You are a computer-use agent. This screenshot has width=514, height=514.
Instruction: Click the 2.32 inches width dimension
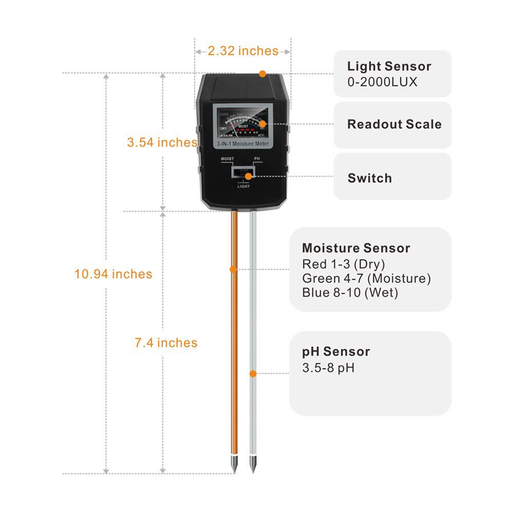coord(242,51)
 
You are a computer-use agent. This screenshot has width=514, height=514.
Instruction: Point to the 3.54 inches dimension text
coord(162,143)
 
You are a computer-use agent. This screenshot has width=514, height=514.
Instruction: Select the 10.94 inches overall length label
coord(113,274)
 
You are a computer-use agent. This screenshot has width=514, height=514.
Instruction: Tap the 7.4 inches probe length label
coord(166,342)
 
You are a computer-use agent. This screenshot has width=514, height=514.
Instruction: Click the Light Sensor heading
coord(389,66)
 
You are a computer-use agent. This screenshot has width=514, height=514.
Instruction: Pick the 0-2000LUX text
coord(382,82)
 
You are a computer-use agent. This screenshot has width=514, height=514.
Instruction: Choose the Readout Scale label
coord(394,124)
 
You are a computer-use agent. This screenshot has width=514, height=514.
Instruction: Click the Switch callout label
coord(369,179)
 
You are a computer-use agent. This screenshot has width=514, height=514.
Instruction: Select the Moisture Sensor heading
coord(356,249)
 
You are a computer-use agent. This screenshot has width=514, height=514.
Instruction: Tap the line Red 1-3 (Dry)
coord(343,264)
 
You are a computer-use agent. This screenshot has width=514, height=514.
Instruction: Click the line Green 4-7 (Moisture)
coord(366,279)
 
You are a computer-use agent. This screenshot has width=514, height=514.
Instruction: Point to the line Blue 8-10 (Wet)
coord(350,293)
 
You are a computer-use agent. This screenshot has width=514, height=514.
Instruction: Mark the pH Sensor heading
coord(336,352)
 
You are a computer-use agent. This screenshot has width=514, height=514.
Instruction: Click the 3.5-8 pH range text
coord(328,368)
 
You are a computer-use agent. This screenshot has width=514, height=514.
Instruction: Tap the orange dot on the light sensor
coord(262,74)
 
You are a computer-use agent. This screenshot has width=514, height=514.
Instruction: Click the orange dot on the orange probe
coord(233,269)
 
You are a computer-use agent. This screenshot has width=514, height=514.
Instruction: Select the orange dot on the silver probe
coord(253,373)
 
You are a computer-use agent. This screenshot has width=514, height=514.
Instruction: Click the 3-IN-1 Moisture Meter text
coord(242,145)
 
